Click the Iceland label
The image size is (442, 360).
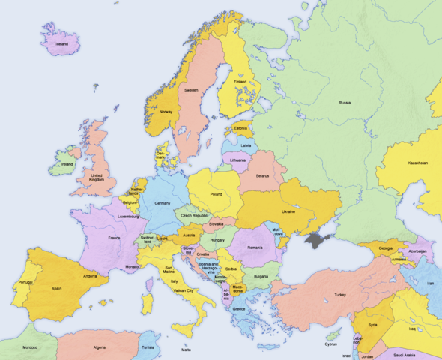tap(61, 44)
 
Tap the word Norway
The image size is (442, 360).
tap(166, 112)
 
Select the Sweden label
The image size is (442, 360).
tap(191, 90)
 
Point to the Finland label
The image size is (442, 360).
tap(240, 82)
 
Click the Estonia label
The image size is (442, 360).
tap(240, 127)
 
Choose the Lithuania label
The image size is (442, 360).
tap(238, 160)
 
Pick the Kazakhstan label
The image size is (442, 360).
tap(417, 163)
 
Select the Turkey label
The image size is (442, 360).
tap(341, 295)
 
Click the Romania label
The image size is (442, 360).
tap(256, 247)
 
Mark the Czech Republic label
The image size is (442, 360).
tap(195, 215)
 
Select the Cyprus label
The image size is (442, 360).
tap(330, 344)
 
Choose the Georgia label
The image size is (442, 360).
tap(385, 248)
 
